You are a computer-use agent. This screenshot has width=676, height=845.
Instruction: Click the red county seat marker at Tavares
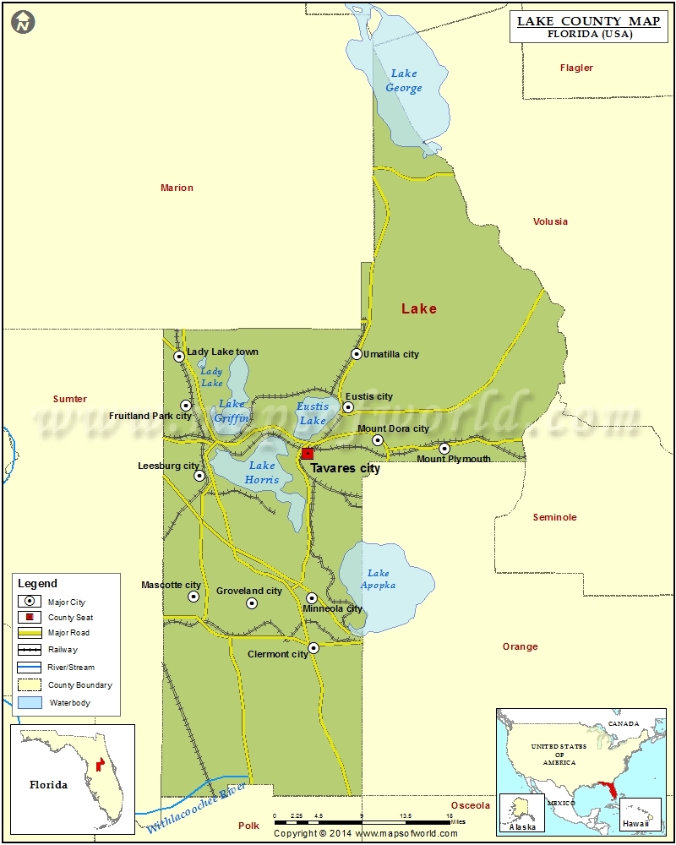308,454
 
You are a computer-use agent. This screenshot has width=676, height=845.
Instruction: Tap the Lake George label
404,81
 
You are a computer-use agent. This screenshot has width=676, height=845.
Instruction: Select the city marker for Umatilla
357,354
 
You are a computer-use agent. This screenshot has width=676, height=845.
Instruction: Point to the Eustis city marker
348,407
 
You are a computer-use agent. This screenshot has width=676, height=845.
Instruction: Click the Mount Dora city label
393,428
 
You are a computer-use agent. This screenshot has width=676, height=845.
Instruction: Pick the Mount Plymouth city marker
444,448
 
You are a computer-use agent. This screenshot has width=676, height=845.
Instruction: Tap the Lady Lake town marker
179,357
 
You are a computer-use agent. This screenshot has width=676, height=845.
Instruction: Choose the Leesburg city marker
199,476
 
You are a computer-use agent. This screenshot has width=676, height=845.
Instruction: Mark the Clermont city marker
313,648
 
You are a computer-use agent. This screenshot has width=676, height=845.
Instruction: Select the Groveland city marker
251,603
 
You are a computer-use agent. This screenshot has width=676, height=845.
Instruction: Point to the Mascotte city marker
194,597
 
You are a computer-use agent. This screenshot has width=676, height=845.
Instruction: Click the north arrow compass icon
24,23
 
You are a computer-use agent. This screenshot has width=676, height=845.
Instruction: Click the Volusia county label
550,221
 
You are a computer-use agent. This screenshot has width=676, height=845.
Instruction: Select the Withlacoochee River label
196,808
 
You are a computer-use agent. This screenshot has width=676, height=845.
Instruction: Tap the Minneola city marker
312,598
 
